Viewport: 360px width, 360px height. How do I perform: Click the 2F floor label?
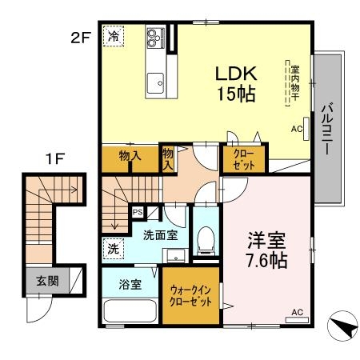coord(79,37)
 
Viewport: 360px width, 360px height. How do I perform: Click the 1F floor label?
coord(54,159)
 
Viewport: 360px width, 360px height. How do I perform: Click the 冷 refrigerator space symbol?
coord(114,37)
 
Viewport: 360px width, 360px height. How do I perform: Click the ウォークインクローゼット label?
coord(190,298)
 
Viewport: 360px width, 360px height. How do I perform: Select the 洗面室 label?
coord(159,235)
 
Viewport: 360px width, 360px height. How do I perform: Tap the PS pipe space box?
coord(137,212)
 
